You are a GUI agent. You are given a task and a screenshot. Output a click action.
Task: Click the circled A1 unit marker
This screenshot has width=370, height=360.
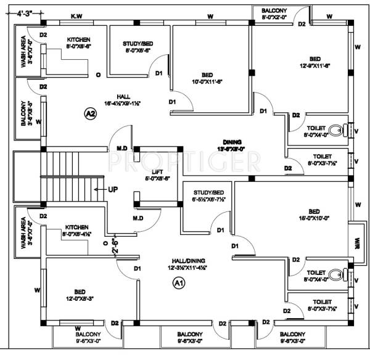pos(178,283)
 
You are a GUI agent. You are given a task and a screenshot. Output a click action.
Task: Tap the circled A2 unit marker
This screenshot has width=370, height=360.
pos(91,113)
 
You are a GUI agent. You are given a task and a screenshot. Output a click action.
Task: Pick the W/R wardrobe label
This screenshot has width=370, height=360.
pos(356,241)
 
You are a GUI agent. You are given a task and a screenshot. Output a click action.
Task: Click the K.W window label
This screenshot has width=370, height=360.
pos(77,15)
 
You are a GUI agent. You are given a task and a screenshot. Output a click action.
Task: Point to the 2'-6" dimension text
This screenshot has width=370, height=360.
pos(115,247)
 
